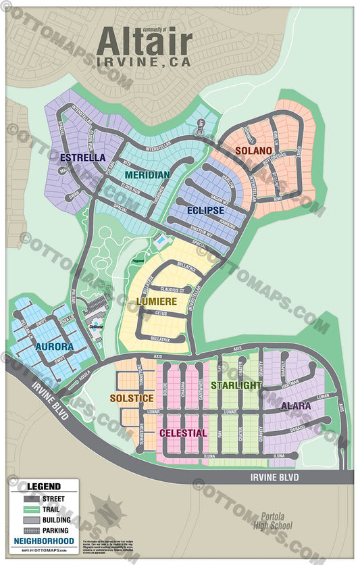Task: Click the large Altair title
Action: [x=144, y=43]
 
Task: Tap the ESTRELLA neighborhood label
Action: [x=82, y=157]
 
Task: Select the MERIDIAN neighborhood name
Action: [x=147, y=175]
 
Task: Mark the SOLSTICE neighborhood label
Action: [x=132, y=398]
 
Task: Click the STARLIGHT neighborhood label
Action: [x=236, y=385]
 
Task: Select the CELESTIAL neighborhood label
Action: [x=183, y=433]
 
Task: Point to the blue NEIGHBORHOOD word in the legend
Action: [x=43, y=541]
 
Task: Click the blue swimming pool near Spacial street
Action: [x=161, y=240]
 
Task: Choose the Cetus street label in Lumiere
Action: [x=160, y=314]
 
